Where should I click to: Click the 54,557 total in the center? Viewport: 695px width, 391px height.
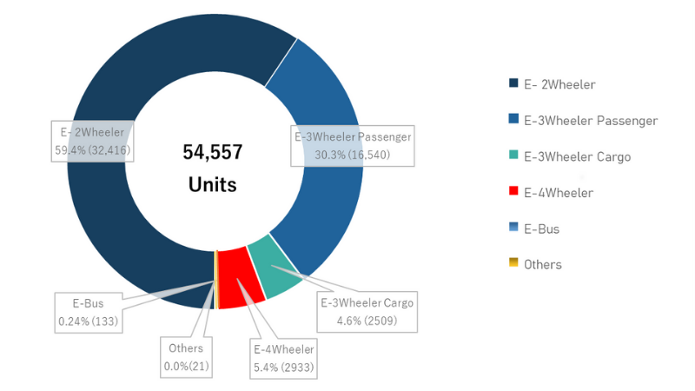coord(213,153)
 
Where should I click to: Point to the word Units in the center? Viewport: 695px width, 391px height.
coord(213,184)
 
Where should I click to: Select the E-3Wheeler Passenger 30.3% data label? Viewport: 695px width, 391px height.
coord(353,145)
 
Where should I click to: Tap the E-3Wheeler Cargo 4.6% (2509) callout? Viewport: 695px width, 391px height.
coord(367,311)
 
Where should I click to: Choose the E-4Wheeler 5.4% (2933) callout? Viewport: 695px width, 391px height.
coord(284,359)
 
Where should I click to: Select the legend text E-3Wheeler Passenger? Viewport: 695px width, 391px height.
coord(591,121)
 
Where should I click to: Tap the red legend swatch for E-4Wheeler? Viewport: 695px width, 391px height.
coord(513,193)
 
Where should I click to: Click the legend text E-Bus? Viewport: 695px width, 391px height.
coord(541,229)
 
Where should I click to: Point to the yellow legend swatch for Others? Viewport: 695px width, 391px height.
coord(513,264)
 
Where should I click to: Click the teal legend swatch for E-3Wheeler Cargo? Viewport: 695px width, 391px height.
coord(513,156)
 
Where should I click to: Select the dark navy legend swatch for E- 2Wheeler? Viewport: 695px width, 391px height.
coord(513,84)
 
